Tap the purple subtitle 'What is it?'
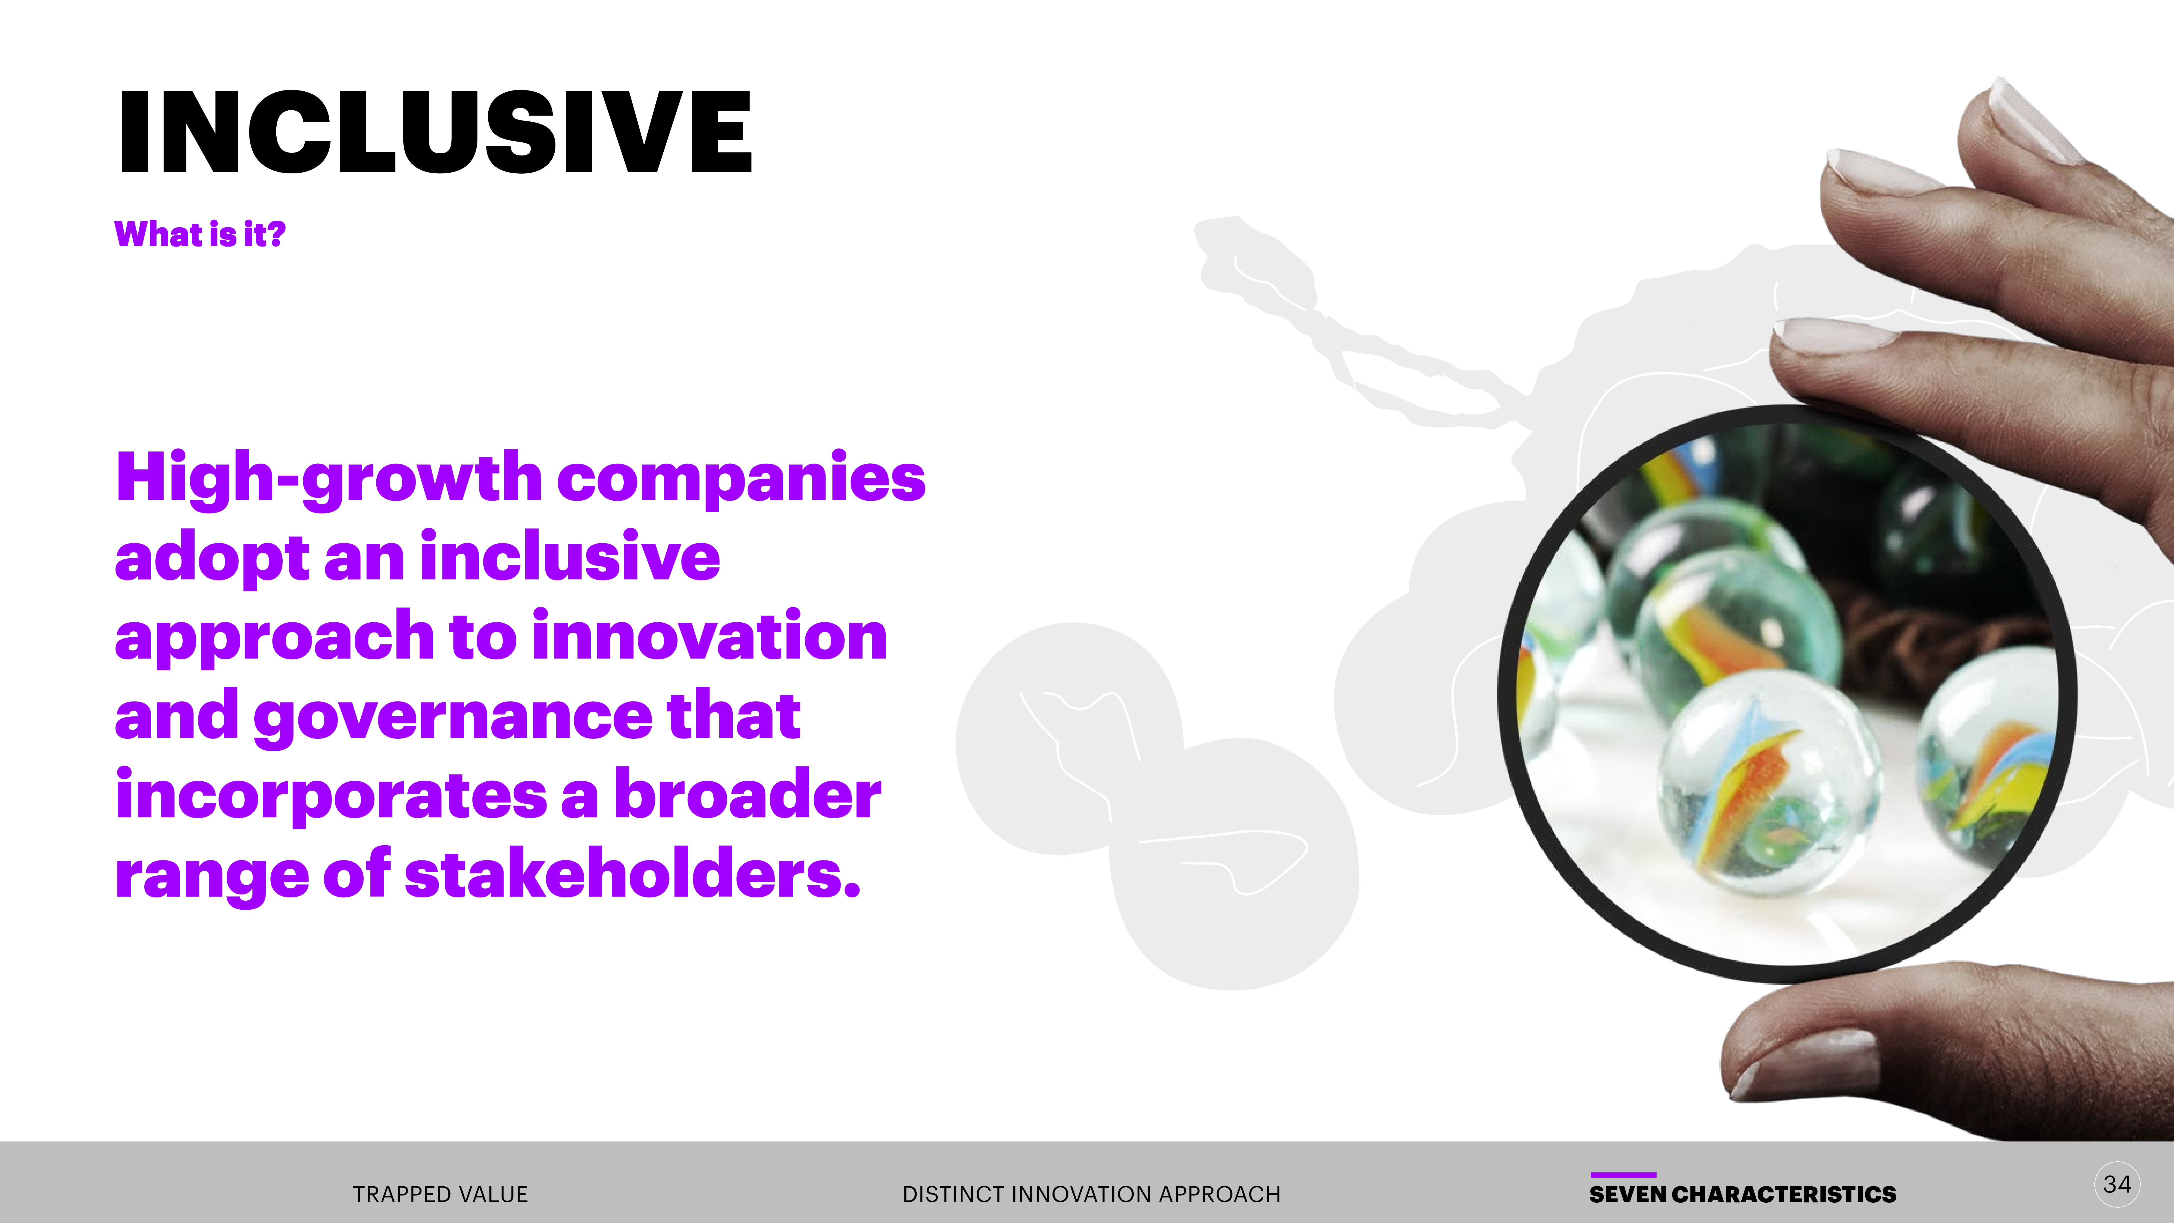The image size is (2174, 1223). click(x=200, y=234)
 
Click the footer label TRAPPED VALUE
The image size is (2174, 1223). click(x=441, y=1194)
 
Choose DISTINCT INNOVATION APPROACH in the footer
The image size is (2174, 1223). click(x=1091, y=1194)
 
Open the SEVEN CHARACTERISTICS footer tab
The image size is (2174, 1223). click(x=1743, y=1194)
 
